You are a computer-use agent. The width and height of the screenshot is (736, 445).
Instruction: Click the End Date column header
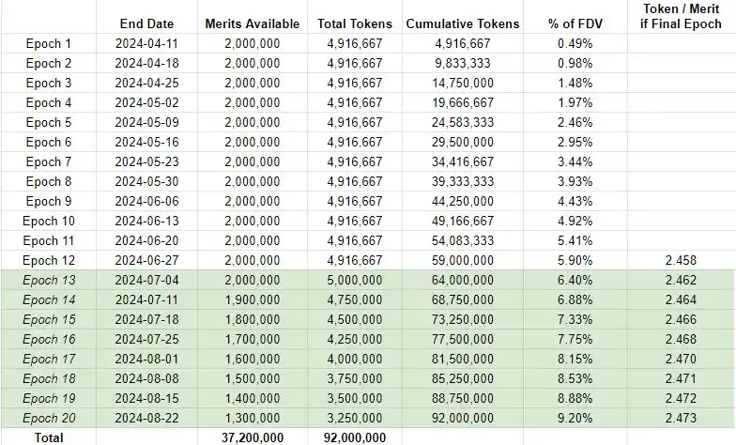[x=146, y=23]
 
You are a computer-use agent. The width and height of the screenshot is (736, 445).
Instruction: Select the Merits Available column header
[x=252, y=23]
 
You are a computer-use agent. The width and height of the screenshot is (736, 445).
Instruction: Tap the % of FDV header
[x=574, y=23]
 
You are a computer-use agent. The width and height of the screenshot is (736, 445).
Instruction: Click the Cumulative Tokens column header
[x=462, y=23]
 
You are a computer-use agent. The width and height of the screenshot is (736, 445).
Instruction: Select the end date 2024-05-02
[x=146, y=102]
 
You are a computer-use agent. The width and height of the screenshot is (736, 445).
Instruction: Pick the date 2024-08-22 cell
[x=146, y=418]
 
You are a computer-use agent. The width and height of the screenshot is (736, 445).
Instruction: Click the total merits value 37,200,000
[x=252, y=437]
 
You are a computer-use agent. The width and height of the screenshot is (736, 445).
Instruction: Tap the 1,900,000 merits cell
[x=252, y=299]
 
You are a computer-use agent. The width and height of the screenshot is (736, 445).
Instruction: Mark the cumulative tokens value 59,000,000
[x=462, y=260]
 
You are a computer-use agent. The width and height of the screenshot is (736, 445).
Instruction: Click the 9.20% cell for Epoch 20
[x=574, y=418]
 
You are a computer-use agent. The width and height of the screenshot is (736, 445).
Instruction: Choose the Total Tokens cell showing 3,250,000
[x=353, y=418]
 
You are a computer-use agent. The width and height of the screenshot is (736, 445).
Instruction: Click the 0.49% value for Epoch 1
[x=574, y=43]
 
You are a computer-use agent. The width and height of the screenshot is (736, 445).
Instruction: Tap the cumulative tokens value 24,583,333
[x=462, y=122]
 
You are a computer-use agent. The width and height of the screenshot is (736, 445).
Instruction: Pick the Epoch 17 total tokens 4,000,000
[x=353, y=359]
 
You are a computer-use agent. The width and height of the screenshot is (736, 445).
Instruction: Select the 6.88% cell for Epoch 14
[x=574, y=299]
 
